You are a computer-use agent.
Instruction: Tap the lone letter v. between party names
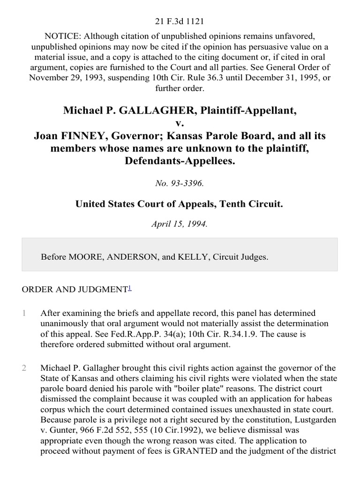(180, 123)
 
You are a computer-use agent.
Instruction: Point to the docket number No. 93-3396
(180, 184)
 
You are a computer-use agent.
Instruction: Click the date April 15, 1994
(180, 224)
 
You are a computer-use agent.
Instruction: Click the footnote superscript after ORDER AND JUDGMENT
(129, 288)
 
